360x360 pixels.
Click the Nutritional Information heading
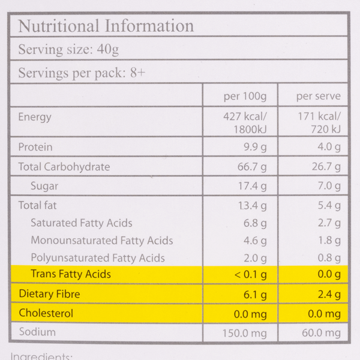[106, 26]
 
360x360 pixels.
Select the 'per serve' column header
[318, 96]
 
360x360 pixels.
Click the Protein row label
[35, 147]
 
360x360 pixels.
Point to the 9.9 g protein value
[254, 147]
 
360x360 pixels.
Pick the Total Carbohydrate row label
[64, 167]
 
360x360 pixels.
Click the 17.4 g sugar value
[252, 186]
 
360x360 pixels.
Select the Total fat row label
[38, 205]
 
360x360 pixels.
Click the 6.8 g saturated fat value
[254, 223]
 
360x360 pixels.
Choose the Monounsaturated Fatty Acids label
[102, 241]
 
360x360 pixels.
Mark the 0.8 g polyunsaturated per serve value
[329, 258]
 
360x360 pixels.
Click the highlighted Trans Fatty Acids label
[71, 275]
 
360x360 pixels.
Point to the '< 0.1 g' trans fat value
[250, 275]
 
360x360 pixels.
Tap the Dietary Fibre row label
[49, 294]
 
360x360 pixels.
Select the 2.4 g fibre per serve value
[329, 294]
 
